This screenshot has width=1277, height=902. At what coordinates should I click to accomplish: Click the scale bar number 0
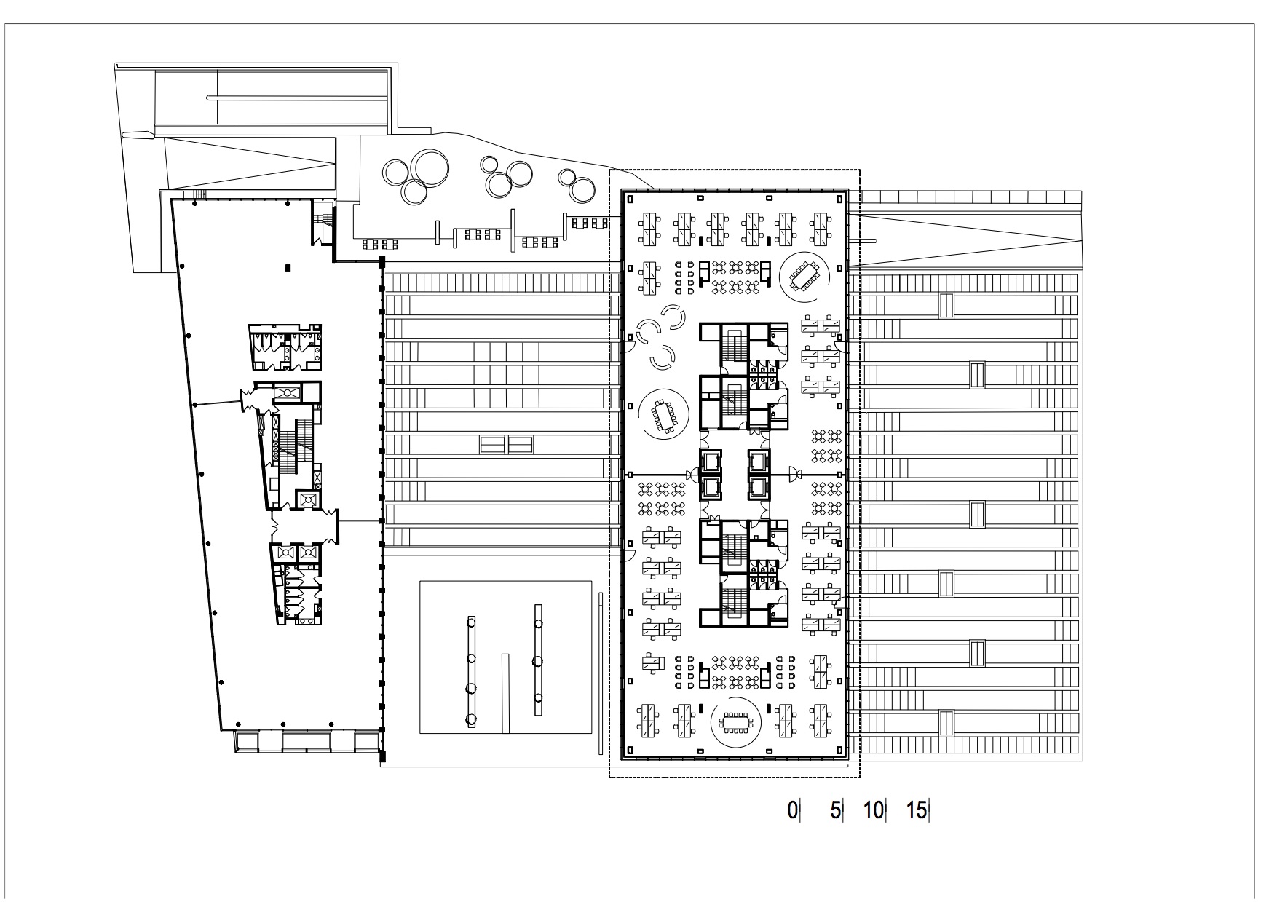pos(792,810)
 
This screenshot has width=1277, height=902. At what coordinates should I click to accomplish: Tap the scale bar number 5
pos(835,810)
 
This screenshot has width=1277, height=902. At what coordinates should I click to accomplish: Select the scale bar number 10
pos(873,810)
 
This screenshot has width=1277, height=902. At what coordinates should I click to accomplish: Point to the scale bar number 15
pos(917,810)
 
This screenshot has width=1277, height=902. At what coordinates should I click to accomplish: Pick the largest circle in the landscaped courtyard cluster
pos(429,170)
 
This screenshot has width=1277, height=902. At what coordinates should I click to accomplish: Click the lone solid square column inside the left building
pos(289,268)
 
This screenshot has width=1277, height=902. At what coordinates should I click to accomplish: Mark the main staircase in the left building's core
pos(294,451)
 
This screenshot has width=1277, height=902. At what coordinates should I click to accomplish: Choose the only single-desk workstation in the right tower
pos(653,662)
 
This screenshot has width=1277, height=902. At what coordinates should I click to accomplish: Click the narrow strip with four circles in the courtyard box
pos(471,670)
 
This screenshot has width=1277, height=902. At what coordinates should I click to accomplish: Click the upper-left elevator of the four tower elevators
pos(710,462)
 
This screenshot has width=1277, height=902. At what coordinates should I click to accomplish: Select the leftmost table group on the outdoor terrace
pos(376,244)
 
